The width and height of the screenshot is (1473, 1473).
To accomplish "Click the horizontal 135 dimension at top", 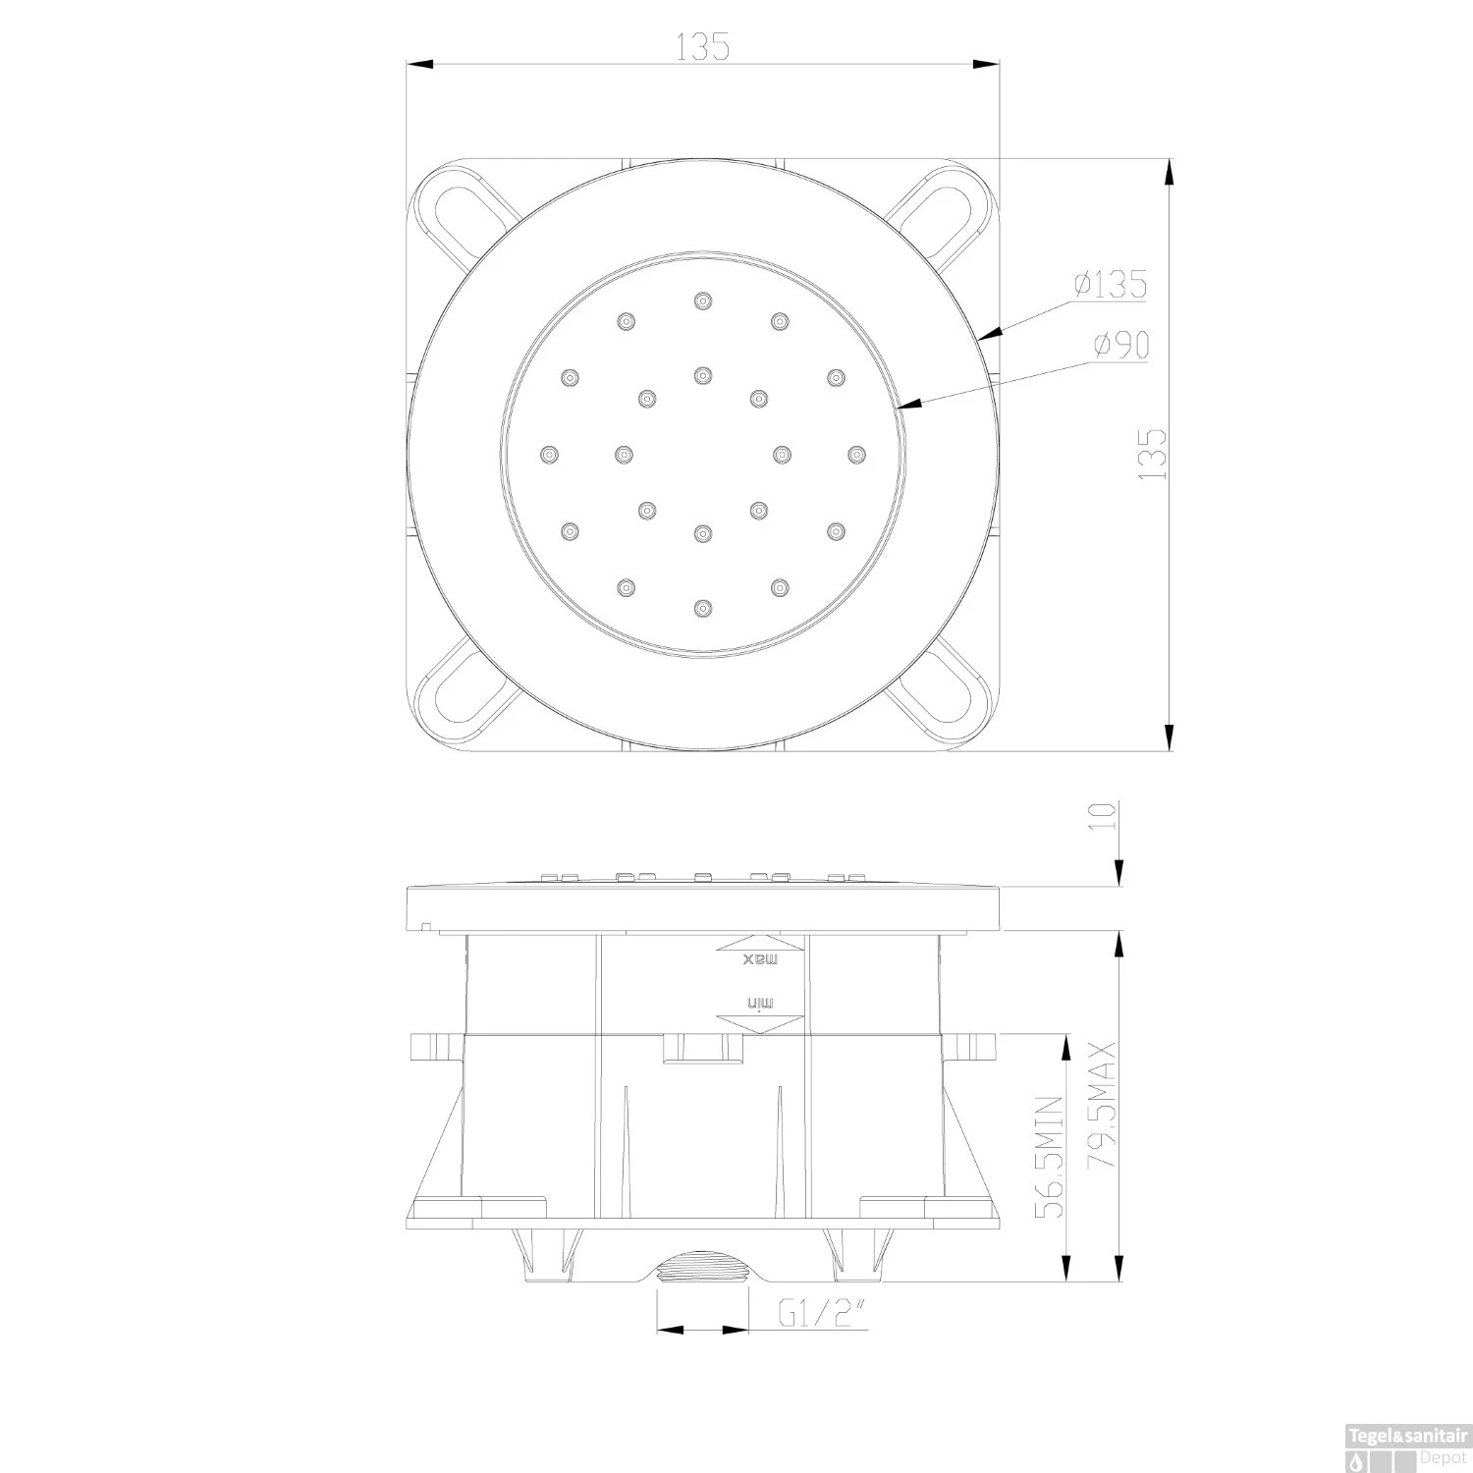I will (x=703, y=46).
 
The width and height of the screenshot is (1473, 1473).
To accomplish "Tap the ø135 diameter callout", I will (x=1110, y=285).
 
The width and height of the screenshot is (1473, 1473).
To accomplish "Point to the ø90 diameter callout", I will (x=1119, y=345).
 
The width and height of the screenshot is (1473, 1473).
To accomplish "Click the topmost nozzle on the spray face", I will (x=701, y=300).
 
